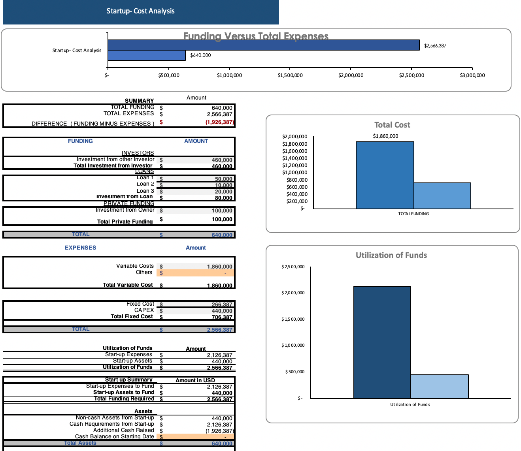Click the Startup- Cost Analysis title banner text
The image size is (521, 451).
click(140, 11)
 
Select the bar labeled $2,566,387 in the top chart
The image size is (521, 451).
click(263, 45)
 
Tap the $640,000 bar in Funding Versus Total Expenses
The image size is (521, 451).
click(147, 55)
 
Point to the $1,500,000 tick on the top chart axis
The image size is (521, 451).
click(290, 75)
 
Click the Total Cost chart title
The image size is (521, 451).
click(392, 125)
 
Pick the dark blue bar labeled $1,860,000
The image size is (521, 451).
click(385, 175)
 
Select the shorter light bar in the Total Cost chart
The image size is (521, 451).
click(442, 195)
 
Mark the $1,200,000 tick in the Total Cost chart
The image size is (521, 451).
click(294, 165)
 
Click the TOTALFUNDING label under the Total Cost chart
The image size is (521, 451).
click(413, 214)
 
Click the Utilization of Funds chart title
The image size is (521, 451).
click(391, 255)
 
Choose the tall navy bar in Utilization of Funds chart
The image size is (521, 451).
click(382, 342)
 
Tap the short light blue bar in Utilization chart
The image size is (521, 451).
click(440, 386)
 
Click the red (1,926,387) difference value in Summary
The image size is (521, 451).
click(219, 122)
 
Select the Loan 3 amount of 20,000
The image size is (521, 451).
click(223, 192)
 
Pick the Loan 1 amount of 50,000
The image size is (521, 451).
click(223, 179)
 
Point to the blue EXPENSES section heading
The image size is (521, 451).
click(80, 248)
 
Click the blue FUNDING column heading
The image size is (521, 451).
click(80, 141)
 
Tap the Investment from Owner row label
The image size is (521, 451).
click(125, 210)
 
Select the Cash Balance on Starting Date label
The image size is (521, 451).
click(114, 436)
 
